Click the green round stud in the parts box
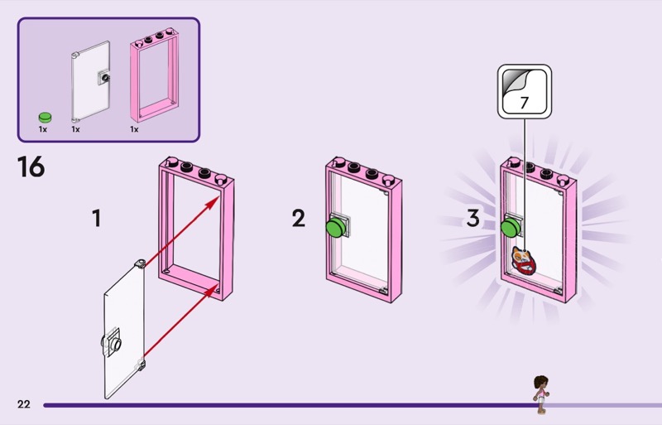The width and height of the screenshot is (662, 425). (45, 117)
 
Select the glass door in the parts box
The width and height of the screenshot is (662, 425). (91, 81)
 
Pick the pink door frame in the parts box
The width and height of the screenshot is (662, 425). (154, 75)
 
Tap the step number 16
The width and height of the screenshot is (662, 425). (31, 167)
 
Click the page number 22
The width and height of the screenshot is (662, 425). (24, 404)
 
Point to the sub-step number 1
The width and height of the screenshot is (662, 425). (97, 218)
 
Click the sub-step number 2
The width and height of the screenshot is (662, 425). (299, 218)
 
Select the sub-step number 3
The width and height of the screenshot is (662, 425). (473, 218)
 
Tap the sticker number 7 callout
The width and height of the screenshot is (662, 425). (525, 92)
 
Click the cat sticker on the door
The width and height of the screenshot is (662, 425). (524, 260)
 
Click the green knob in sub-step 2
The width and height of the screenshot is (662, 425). (336, 227)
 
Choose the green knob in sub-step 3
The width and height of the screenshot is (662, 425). (511, 228)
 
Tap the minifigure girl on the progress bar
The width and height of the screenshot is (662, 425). (540, 394)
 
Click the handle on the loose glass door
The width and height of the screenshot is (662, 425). (112, 342)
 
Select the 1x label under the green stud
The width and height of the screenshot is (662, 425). (43, 129)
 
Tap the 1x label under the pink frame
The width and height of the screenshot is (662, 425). (134, 129)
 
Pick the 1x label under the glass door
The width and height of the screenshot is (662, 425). (75, 129)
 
